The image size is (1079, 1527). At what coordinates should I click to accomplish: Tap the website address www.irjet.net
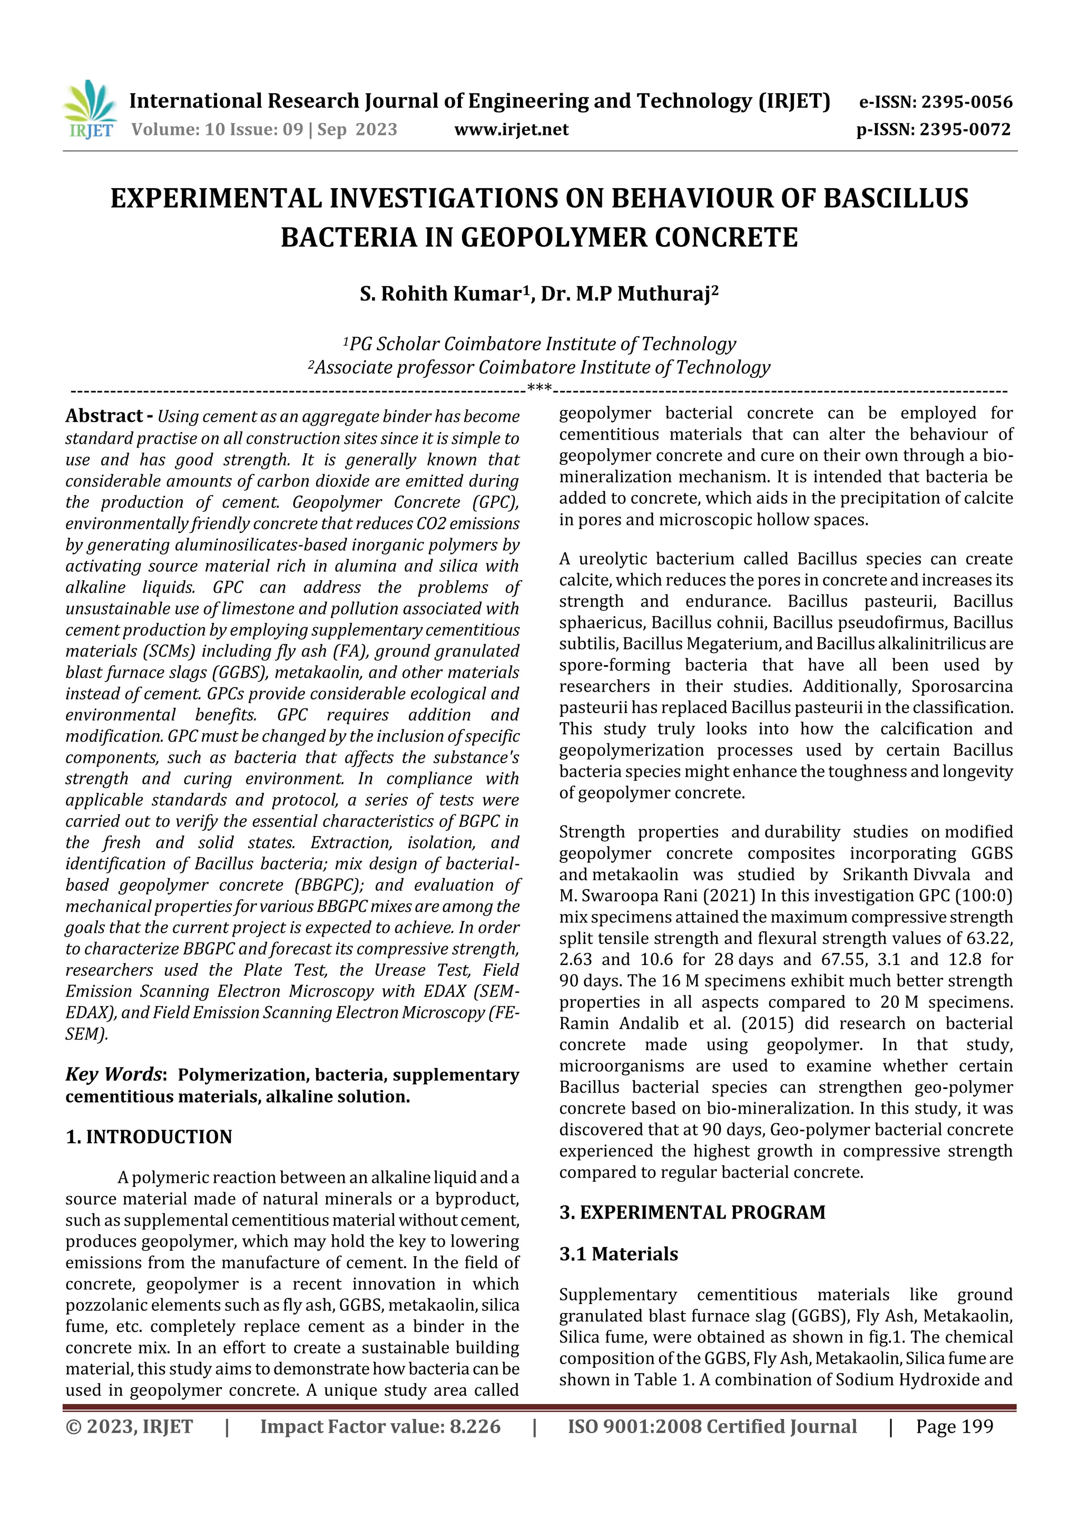point(511,129)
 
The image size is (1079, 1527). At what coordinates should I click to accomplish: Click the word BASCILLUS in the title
point(896,199)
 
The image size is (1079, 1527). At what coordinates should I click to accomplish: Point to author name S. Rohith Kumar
point(444,294)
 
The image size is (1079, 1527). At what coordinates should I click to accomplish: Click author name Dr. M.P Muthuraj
point(629,294)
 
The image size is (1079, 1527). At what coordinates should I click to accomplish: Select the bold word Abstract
point(104,416)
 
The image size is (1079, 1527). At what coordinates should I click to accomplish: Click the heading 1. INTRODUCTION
point(149,1136)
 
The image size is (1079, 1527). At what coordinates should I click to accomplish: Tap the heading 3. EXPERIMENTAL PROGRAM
point(692,1212)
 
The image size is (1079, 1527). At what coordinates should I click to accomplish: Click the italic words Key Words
point(114,1075)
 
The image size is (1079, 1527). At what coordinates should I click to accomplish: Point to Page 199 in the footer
point(954,1426)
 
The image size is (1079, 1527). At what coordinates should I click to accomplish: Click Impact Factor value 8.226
point(380,1426)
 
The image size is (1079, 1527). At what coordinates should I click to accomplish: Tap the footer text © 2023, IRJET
point(129,1426)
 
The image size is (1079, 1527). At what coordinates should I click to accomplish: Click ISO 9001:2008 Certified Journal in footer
point(712,1426)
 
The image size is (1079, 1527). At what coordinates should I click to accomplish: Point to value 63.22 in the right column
point(993,938)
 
